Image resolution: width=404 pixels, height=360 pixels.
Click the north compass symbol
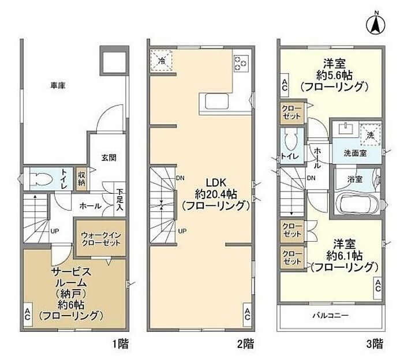[376, 25]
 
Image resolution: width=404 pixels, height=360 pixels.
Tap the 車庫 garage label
[58, 85]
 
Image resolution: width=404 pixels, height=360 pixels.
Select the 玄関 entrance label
[109, 157]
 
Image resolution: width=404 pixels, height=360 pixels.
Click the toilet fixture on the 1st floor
[41, 179]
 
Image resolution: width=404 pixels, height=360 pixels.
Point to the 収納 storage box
[82, 179]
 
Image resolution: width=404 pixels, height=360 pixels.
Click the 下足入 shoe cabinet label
[119, 200]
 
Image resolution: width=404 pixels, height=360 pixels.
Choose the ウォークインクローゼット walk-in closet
[101, 238]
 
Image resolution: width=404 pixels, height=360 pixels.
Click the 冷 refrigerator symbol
[162, 60]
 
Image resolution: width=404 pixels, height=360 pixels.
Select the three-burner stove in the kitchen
[241, 63]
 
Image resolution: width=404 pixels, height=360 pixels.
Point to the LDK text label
[216, 182]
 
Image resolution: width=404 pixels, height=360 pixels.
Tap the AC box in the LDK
[247, 314]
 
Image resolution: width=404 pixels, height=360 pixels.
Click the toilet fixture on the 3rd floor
[291, 139]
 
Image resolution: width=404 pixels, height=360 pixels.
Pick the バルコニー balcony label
[331, 315]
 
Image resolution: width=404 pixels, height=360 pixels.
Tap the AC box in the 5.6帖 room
[285, 85]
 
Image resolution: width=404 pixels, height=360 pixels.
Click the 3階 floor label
[375, 344]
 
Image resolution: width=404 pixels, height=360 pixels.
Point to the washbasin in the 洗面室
[345, 129]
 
